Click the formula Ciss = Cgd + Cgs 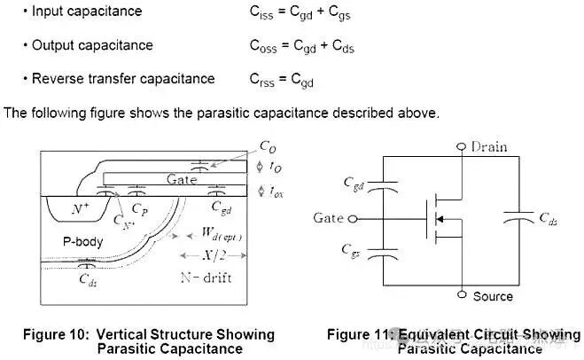coord(306,12)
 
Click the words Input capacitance coord(86,12)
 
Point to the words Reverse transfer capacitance coord(123,78)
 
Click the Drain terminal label coord(488,146)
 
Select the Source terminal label coord(492,296)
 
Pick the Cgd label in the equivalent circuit coord(353,184)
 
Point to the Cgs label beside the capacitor coord(353,252)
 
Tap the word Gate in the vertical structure coord(182,179)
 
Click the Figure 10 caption coord(149,341)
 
